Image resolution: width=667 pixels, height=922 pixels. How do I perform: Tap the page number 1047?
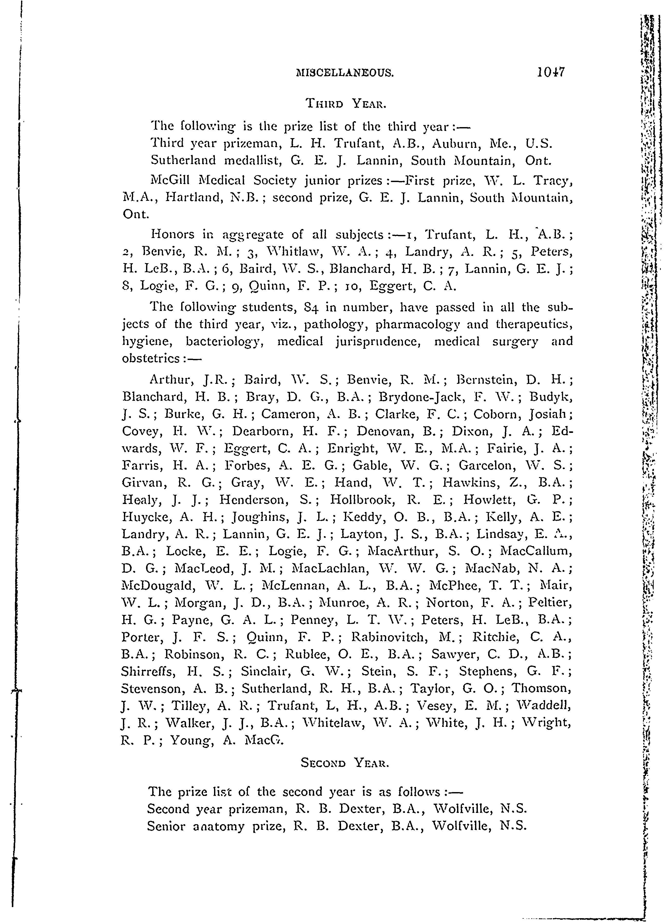point(551,72)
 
